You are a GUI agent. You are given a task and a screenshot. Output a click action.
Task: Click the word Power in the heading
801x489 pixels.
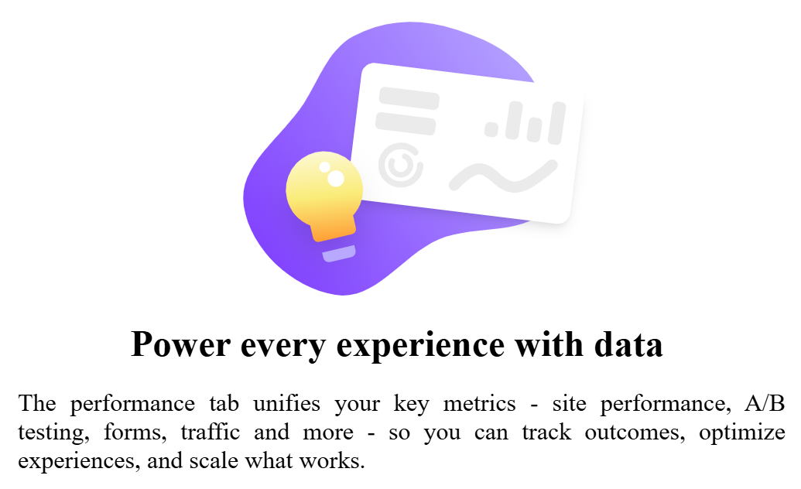click(181, 345)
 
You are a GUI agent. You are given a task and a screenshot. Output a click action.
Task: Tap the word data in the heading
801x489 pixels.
click(628, 344)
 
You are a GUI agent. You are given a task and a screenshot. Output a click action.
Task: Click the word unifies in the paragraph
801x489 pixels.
click(286, 403)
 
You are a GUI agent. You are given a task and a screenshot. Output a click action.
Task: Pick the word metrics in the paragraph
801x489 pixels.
click(479, 404)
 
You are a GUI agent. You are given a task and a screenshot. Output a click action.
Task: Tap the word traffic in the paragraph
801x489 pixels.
click(210, 432)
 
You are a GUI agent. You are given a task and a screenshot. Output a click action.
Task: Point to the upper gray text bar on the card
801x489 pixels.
click(409, 98)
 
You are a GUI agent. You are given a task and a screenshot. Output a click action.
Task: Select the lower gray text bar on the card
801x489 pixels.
click(406, 124)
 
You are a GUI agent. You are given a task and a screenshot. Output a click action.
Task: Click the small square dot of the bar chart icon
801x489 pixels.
click(491, 129)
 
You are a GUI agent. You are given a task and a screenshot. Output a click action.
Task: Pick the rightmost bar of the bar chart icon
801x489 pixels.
click(556, 123)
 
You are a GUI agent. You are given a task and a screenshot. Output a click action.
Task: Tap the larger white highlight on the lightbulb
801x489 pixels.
click(336, 178)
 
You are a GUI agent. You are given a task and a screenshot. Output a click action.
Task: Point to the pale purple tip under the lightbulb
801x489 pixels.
click(339, 254)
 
